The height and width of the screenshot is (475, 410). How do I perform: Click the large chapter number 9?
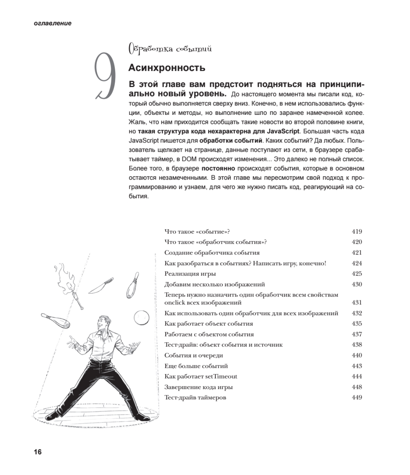point(106,76)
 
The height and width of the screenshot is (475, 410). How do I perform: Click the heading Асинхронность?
point(167,68)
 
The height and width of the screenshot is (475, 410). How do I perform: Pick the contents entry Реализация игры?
point(190,274)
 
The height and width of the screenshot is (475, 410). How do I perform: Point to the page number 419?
point(357,232)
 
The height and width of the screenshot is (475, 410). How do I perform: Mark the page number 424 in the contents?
point(357,263)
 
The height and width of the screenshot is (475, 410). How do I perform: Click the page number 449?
point(357,397)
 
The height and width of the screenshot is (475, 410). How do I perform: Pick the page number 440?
point(357,355)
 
